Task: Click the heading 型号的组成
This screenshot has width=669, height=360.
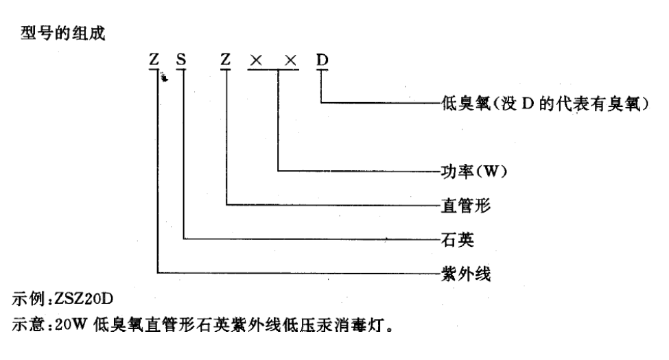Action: tap(63, 33)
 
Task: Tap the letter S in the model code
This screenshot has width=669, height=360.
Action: tap(181, 60)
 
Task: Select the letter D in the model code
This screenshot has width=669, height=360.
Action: tap(322, 60)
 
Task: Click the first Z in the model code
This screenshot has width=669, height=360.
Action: tap(154, 60)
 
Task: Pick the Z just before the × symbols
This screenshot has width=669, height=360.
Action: tap(226, 60)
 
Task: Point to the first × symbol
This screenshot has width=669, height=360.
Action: tap(256, 61)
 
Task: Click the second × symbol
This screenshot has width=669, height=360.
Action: tap(290, 61)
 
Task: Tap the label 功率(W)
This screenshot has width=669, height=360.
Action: tap(473, 171)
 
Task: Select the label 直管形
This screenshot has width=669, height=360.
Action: tap(466, 206)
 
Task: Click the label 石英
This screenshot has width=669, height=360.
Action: tap(458, 240)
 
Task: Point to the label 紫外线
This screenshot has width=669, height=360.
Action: tap(466, 274)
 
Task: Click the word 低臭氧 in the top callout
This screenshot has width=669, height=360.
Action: tap(466, 104)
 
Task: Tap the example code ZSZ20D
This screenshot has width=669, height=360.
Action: tap(84, 299)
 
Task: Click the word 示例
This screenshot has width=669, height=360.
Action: tap(28, 299)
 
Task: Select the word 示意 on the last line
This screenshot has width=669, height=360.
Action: tap(28, 324)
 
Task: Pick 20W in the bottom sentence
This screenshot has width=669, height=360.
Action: tap(71, 324)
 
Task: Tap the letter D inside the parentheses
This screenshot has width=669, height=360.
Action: tap(528, 104)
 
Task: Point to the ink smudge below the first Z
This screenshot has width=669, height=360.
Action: tap(164, 77)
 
